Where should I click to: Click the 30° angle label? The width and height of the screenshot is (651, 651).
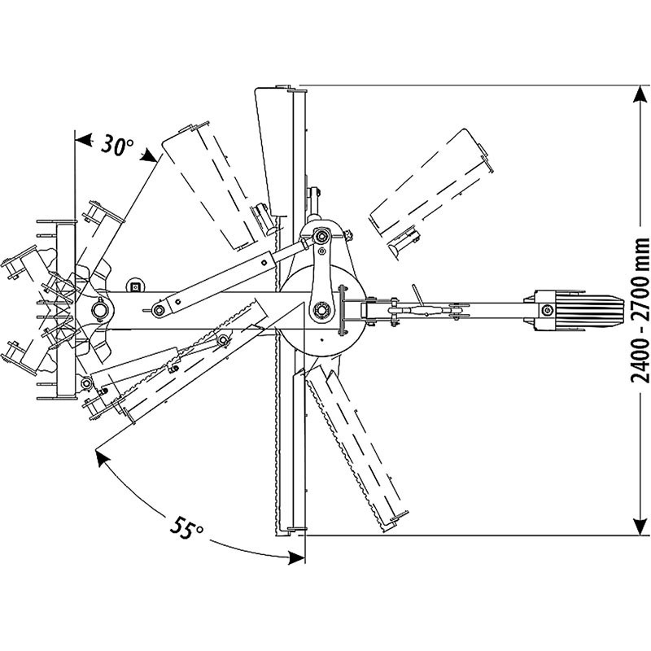pos(116,146)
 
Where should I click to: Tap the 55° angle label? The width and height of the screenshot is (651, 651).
pos(187,529)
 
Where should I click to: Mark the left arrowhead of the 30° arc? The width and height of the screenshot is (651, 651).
pos(79,138)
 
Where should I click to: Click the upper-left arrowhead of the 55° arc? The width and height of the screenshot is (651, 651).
pos(101,458)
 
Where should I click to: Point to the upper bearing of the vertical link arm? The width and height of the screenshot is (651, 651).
pos(321,237)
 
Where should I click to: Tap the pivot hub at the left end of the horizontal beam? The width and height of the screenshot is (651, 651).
pos(100,308)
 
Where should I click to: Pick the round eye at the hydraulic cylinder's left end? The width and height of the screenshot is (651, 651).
pos(159,309)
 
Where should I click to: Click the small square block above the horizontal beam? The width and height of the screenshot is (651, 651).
pos(136,286)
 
